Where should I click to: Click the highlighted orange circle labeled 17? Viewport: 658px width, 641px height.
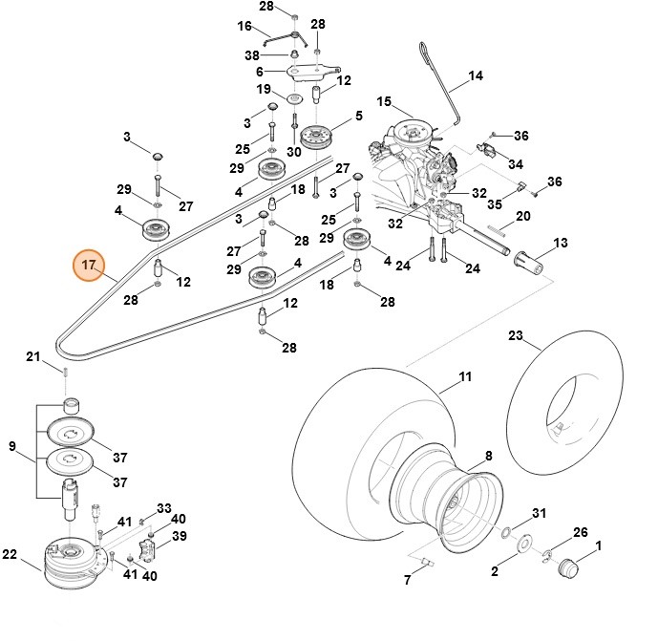click(91, 265)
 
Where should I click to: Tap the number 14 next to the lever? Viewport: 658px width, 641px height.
click(476, 75)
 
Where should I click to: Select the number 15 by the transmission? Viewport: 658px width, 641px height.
click(384, 101)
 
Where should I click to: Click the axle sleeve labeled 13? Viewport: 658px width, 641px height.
click(527, 259)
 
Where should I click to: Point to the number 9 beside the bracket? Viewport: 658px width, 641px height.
click(12, 446)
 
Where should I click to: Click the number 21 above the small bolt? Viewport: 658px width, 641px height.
click(32, 357)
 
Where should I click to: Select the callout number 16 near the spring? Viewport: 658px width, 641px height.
click(244, 26)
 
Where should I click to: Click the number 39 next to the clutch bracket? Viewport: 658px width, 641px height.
click(178, 537)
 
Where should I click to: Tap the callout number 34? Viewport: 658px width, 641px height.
click(517, 163)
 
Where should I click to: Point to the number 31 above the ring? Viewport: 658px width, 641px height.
click(539, 514)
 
